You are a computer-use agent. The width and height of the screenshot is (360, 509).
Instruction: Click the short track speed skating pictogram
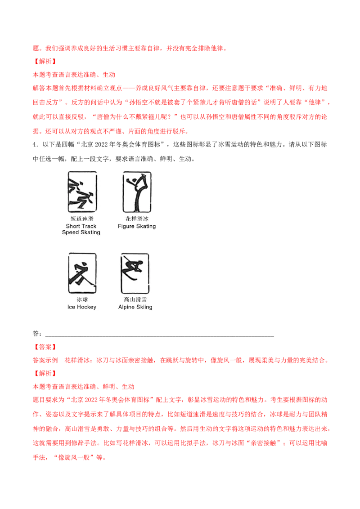(x=82, y=192)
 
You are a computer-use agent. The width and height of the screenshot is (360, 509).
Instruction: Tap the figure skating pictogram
(x=137, y=192)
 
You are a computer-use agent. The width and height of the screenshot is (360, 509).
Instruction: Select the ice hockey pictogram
(x=82, y=273)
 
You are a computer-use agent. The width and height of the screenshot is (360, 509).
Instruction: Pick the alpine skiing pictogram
(x=135, y=273)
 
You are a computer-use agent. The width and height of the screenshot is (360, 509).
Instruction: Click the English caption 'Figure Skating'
(x=137, y=226)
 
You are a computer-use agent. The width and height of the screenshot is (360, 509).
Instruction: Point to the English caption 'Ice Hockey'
(x=82, y=307)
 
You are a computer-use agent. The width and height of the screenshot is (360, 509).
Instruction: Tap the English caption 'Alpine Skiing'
(x=135, y=307)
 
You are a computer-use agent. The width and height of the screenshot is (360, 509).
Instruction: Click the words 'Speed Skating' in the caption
(x=81, y=232)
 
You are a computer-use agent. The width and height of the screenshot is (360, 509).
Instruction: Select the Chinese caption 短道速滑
(x=82, y=219)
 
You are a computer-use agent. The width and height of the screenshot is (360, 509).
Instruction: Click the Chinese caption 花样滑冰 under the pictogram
(x=137, y=219)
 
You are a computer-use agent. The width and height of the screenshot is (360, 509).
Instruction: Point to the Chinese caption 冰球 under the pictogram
(x=82, y=299)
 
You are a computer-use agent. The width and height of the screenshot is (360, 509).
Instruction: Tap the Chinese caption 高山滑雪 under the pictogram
(x=135, y=299)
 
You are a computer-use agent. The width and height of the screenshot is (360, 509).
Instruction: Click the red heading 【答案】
(x=45, y=347)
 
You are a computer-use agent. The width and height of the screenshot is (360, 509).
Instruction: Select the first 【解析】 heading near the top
(x=45, y=61)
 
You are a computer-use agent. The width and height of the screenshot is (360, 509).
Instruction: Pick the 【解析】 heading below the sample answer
(x=45, y=373)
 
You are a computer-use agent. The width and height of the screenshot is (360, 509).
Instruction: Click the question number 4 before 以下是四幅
(x=35, y=144)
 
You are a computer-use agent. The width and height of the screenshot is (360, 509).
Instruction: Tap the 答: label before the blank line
(x=37, y=334)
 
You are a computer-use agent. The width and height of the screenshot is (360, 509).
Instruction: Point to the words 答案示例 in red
(x=45, y=360)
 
